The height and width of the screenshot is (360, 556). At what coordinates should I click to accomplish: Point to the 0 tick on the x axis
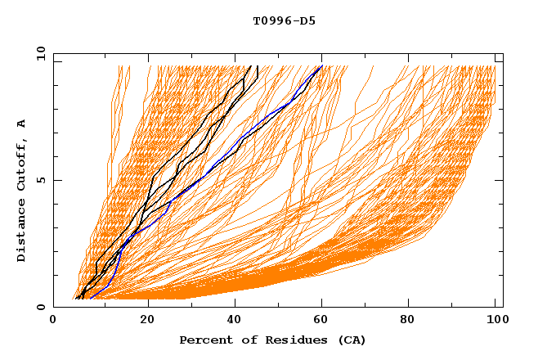53,320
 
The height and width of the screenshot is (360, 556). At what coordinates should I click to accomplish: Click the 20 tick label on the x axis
148,320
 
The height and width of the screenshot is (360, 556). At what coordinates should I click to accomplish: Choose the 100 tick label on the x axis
495,320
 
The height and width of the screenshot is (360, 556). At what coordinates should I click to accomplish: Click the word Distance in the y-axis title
22,232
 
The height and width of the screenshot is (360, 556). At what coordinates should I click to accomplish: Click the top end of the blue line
322,65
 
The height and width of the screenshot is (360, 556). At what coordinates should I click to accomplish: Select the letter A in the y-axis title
22,124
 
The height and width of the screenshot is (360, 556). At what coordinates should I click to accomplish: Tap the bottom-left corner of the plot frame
53,307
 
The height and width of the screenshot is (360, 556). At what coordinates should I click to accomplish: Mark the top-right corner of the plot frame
503,54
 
